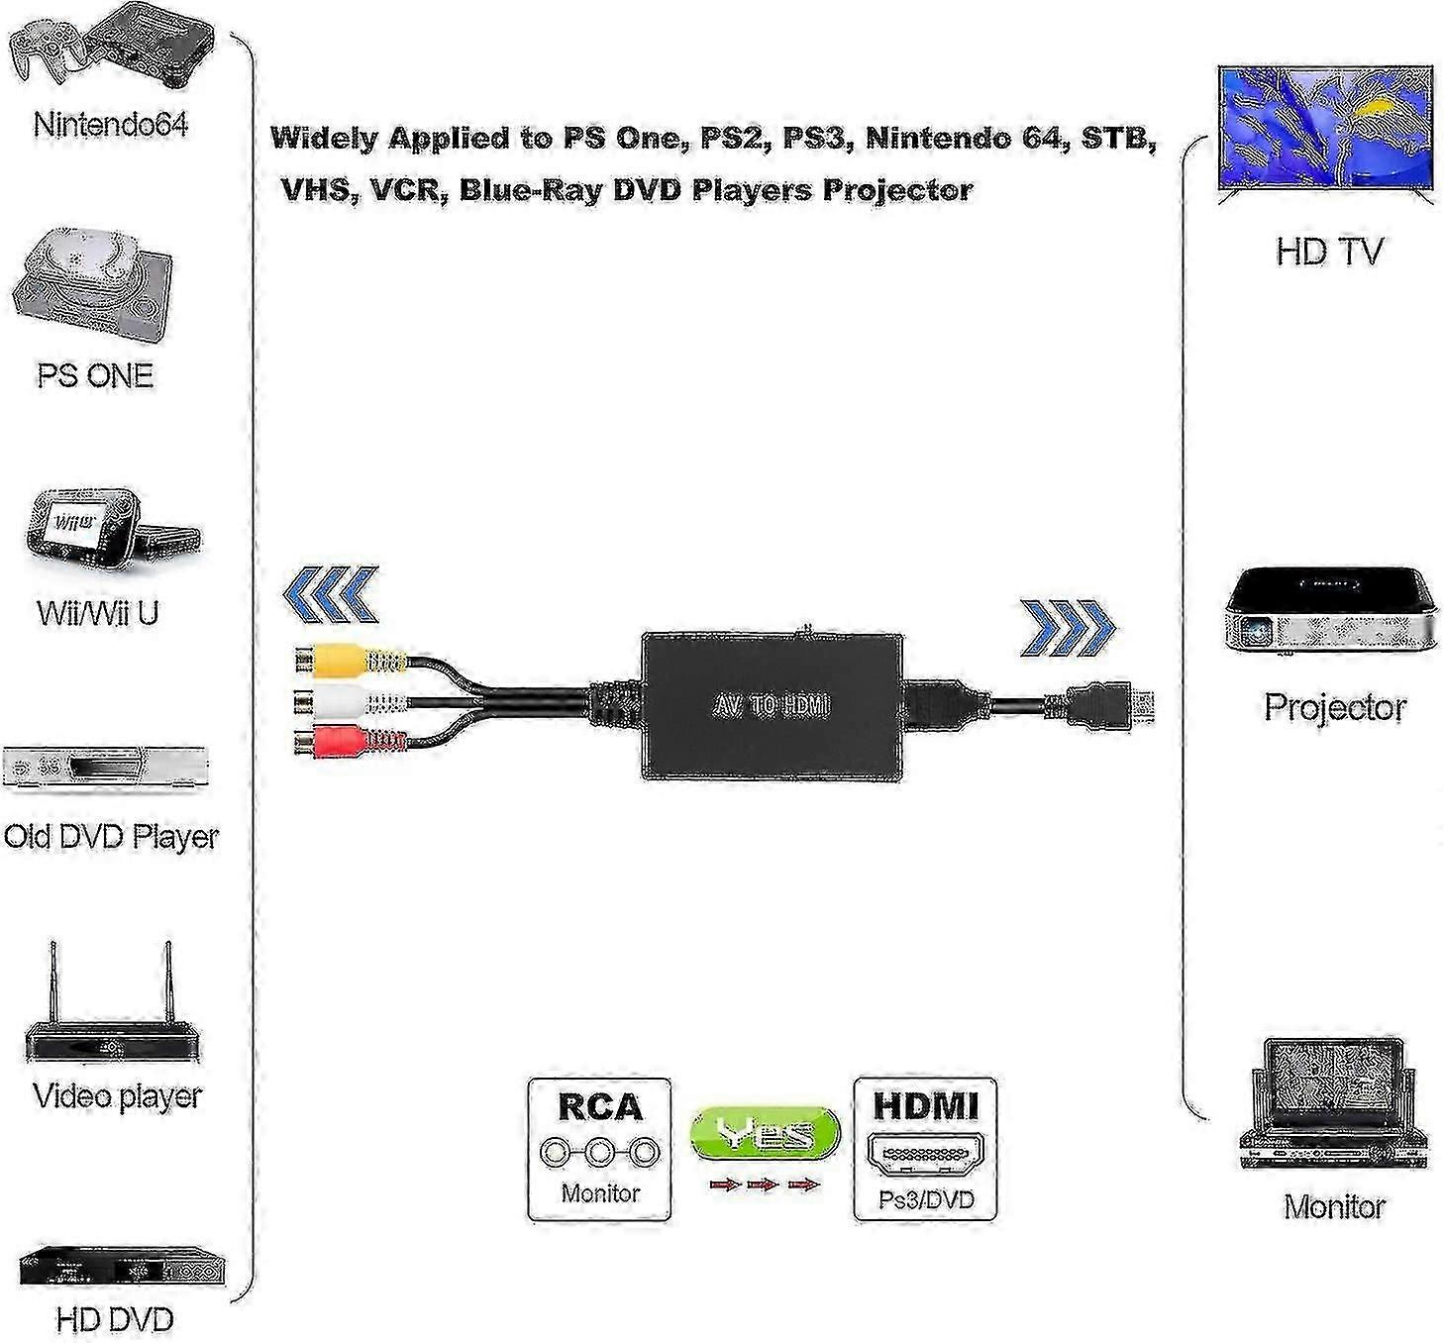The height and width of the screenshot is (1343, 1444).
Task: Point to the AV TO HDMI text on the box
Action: click(772, 706)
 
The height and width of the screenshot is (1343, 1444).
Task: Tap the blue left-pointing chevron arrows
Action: click(331, 594)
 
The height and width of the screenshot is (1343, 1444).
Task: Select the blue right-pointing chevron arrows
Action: click(1068, 628)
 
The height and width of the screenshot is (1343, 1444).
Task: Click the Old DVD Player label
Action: click(110, 837)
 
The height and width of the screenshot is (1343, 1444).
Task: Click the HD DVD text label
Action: click(115, 1319)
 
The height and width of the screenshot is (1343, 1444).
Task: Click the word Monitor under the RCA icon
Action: click(600, 1193)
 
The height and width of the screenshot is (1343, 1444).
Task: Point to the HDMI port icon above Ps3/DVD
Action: click(925, 1156)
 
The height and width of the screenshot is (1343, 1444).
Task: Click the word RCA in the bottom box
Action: click(600, 1105)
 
